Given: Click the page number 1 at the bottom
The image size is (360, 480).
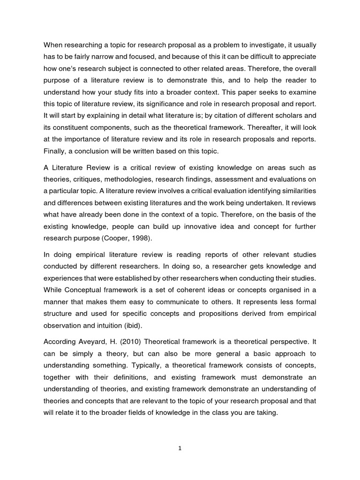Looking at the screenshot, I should tap(180, 448).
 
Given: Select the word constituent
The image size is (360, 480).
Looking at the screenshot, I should tap(72, 114).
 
